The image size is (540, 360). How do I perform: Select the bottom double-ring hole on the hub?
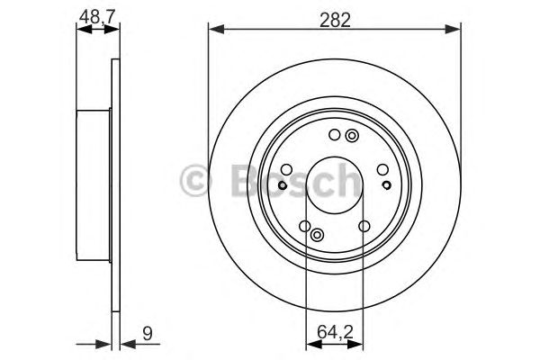coord(317,235)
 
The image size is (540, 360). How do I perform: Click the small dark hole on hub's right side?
coord(387,185)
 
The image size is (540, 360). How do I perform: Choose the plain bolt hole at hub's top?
coord(334,137)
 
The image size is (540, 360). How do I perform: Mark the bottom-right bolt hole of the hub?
coord(364,227)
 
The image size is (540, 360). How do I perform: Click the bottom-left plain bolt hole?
coord(305,227)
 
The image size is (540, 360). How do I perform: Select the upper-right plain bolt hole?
coord(382,168)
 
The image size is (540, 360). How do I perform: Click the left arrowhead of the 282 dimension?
coord(214,31)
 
